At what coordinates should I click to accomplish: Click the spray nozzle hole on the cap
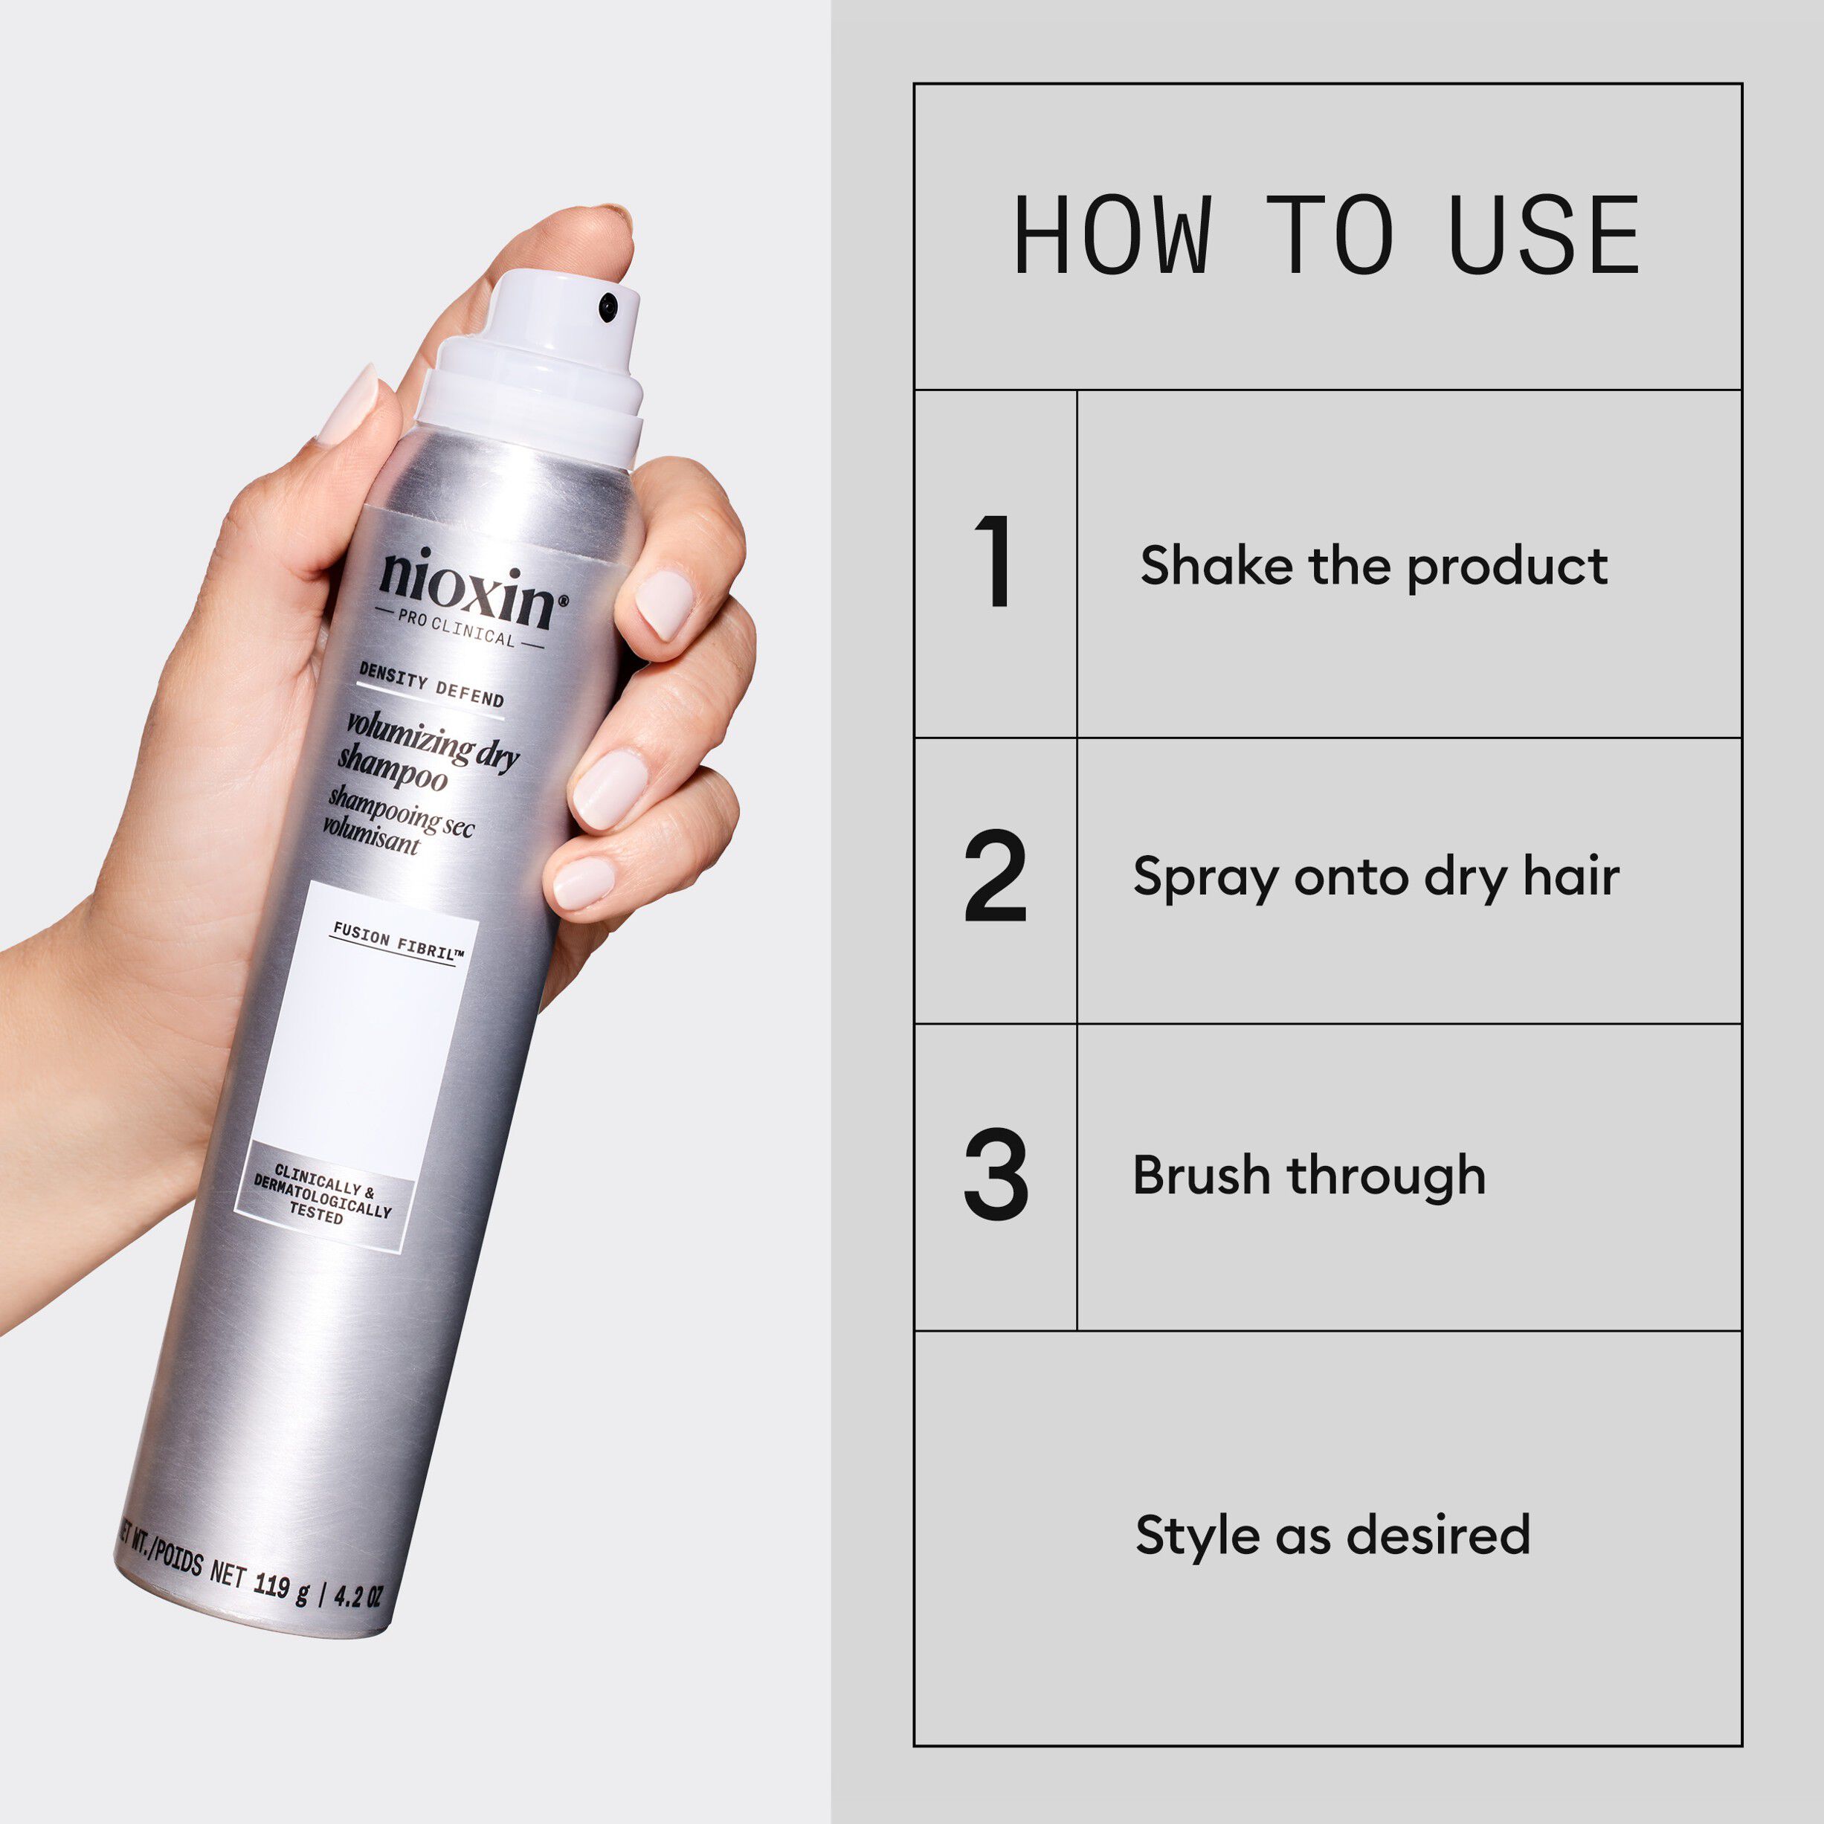coord(608,305)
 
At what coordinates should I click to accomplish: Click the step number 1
coord(995,563)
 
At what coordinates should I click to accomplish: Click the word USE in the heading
coord(1544,236)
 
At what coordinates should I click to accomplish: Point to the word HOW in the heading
coord(1112,236)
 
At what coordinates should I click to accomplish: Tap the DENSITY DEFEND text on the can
coord(431,685)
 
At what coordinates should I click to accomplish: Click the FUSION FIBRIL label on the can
coord(398,942)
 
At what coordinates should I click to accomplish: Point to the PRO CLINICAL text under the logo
coord(456,628)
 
